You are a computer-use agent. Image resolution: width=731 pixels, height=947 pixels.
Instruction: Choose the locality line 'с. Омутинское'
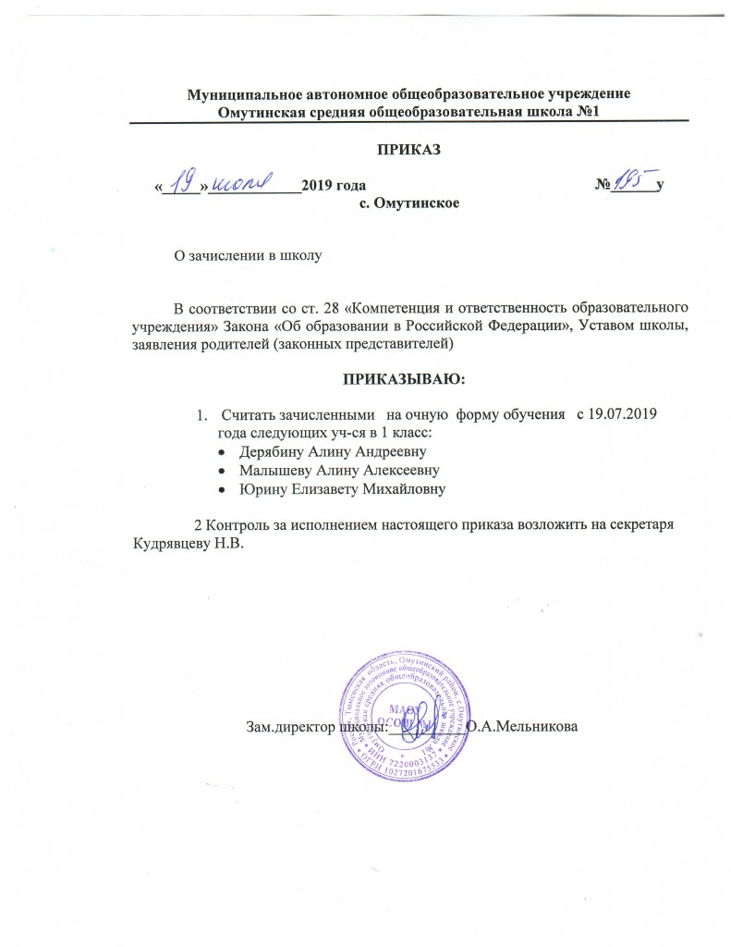click(x=409, y=202)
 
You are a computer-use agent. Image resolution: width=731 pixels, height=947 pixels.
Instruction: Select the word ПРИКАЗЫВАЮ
click(x=408, y=379)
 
